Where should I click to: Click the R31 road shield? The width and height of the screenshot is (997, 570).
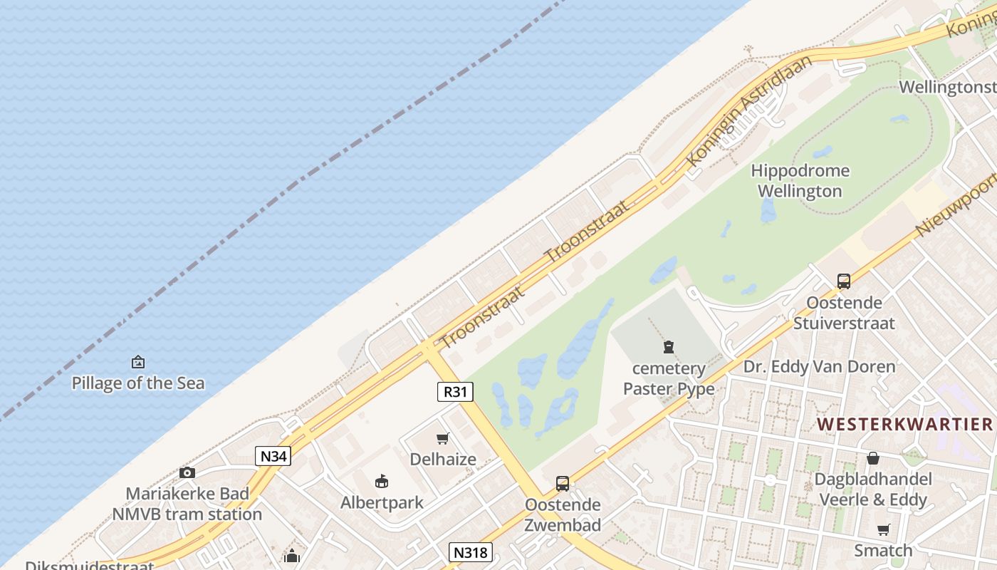click(x=455, y=391)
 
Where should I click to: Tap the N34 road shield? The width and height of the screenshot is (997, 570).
click(x=273, y=456)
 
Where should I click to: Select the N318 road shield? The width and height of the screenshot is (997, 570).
click(x=470, y=551)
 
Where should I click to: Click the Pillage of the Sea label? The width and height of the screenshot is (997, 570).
click(x=138, y=383)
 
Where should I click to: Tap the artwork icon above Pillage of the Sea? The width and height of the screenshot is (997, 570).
click(x=138, y=362)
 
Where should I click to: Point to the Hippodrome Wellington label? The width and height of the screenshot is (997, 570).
click(x=800, y=181)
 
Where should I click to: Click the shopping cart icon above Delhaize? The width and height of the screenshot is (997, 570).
click(x=443, y=438)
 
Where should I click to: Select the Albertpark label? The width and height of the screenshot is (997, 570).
click(x=382, y=502)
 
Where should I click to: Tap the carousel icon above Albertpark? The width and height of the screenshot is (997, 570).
click(x=382, y=481)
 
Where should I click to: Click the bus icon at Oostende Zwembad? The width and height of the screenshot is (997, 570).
click(x=563, y=484)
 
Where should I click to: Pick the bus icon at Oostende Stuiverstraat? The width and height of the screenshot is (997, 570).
click(x=844, y=281)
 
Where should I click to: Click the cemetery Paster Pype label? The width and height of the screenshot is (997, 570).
click(x=669, y=378)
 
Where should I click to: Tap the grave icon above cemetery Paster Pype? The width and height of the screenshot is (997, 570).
click(x=669, y=347)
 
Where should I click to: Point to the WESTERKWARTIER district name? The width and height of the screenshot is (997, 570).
click(x=904, y=425)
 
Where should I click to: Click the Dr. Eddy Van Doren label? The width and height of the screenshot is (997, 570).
click(x=819, y=367)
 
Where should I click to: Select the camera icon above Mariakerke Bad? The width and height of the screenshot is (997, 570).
click(x=187, y=472)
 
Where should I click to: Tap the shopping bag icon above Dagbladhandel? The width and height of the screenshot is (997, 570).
click(x=873, y=457)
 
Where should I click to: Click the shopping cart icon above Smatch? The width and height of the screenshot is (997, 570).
click(x=884, y=529)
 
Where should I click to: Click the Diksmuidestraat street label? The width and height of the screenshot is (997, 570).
click(x=90, y=566)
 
